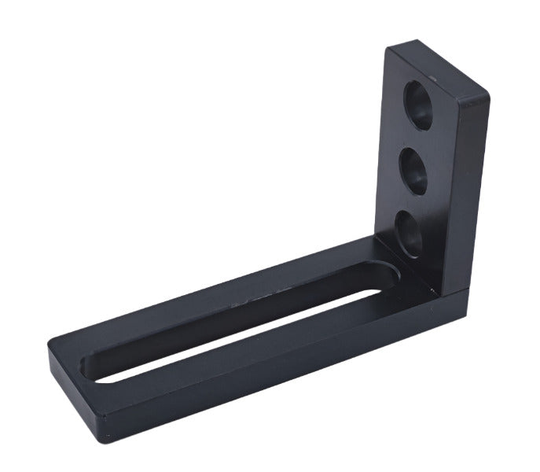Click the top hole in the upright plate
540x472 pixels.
(418, 104)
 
